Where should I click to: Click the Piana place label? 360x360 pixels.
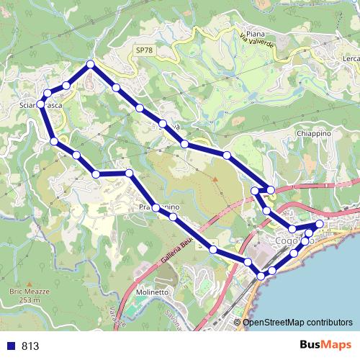point(256,34)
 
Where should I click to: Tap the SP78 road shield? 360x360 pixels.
point(144,50)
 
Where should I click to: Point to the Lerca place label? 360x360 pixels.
point(351,58)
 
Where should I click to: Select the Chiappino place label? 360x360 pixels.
point(312,133)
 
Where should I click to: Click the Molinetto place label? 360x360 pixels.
point(151,293)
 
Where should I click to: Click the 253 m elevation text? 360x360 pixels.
point(30,300)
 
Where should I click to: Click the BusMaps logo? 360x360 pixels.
point(325,346)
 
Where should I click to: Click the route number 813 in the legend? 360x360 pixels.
point(30,346)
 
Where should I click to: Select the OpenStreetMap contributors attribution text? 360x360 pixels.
point(297,323)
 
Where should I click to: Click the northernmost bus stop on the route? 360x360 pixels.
point(91,65)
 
